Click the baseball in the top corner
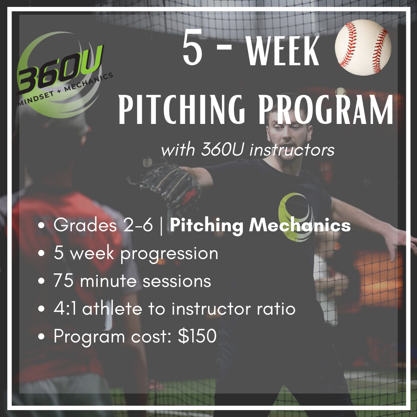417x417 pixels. point(363,47)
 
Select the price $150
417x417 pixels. point(197,336)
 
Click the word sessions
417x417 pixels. point(177,281)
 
